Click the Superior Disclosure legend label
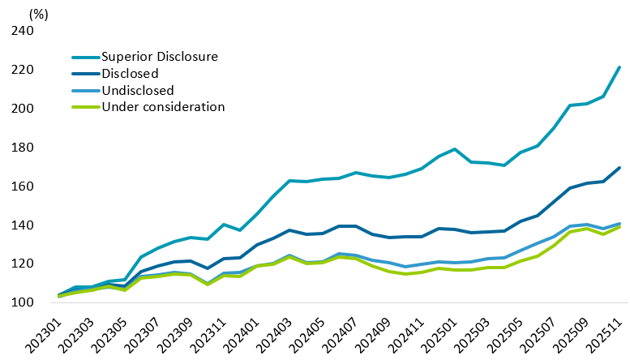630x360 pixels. tap(160, 57)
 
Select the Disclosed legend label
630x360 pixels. tap(129, 73)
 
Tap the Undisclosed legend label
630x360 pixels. tap(137, 90)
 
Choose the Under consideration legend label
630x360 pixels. tap(162, 106)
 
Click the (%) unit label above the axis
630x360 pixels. tap(38, 14)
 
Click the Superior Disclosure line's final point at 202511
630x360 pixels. tap(619, 66)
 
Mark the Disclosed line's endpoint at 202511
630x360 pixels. tap(619, 168)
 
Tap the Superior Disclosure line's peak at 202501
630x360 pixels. tap(456, 149)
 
